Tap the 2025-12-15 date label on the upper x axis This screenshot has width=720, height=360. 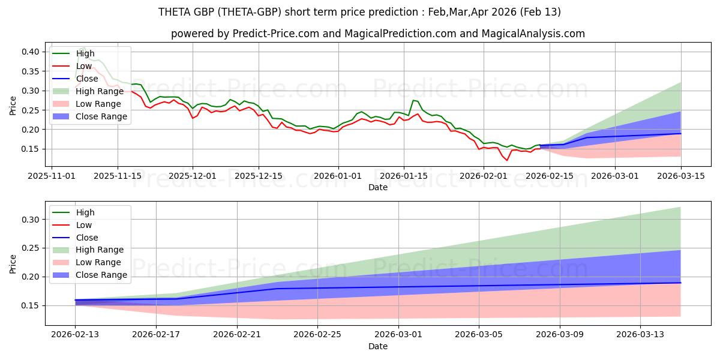(x=258, y=176)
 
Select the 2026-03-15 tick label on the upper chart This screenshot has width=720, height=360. (x=680, y=176)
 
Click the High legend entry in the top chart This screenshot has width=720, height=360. (x=85, y=53)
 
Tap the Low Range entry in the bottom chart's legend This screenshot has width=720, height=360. (x=98, y=262)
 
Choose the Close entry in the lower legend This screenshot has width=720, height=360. (x=88, y=238)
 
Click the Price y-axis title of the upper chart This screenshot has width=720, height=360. (x=13, y=106)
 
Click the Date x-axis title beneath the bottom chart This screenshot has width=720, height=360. (x=378, y=347)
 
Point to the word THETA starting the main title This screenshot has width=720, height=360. (x=175, y=12)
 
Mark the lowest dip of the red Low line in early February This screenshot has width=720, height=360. (x=506, y=160)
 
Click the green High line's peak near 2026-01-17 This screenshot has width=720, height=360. (x=413, y=100)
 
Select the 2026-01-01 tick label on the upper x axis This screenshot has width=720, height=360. (x=338, y=176)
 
